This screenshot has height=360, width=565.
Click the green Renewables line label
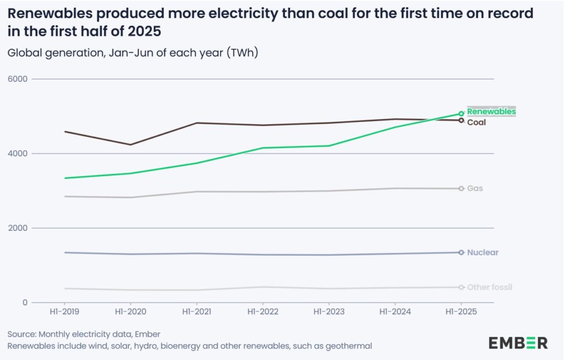tap(491, 112)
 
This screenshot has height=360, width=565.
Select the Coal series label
tap(476, 122)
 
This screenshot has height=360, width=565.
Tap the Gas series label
tap(475, 188)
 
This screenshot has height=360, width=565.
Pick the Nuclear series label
tap(482, 252)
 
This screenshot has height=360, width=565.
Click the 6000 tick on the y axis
tap(19, 79)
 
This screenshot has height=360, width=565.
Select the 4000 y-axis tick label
tap(19, 153)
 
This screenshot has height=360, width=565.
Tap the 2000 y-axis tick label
tap(19, 228)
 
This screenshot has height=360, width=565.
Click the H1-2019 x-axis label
tap(65, 312)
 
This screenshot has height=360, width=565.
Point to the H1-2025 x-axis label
tap(461, 312)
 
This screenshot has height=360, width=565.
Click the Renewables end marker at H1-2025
tap(461, 113)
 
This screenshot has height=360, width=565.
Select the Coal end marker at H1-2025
tap(461, 120)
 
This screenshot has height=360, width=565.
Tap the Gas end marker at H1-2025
tap(461, 189)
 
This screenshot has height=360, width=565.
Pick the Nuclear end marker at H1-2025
tap(461, 252)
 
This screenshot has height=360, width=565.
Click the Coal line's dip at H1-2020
tap(131, 145)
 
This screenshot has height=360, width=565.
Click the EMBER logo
tap(518, 342)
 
